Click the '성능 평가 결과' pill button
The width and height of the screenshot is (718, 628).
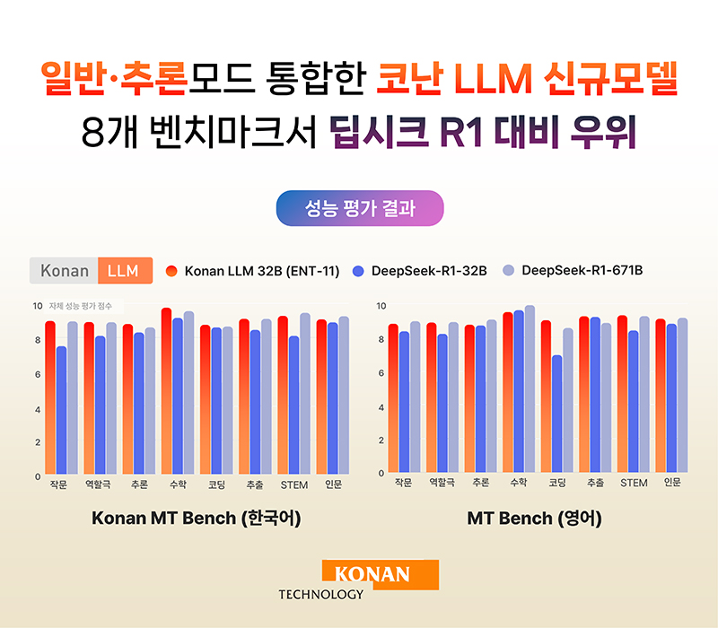pos(359,208)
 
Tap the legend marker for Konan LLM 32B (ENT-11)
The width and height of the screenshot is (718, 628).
pos(172,270)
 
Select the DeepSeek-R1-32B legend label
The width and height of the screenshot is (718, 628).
pos(427,270)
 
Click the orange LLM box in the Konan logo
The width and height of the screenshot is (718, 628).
pos(125,270)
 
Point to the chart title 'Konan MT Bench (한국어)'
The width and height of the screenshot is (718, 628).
pos(197,519)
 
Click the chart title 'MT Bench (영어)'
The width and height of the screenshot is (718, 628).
pos(534,519)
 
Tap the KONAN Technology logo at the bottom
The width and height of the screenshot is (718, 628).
pos(359,579)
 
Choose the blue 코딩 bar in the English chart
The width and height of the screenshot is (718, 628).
pos(556,414)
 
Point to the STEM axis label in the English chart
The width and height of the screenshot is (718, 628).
pos(634,483)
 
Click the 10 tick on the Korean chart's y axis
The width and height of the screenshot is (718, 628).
pos(37,306)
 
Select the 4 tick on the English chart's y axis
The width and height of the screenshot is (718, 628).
pos(381,406)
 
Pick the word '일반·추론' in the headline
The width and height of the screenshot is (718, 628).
pos(112,80)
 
